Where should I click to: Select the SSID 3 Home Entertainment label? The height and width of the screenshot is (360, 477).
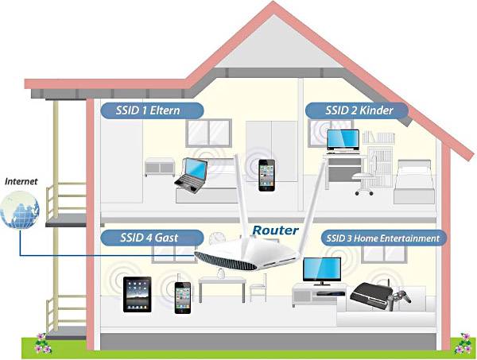click(x=382, y=238)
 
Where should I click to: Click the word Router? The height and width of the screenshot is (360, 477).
click(x=275, y=230)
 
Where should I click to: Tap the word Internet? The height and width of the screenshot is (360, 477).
click(x=21, y=181)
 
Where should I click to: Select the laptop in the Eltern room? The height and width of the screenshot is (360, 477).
click(x=192, y=176)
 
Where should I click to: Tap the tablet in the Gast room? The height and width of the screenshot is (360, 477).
click(x=136, y=293)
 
